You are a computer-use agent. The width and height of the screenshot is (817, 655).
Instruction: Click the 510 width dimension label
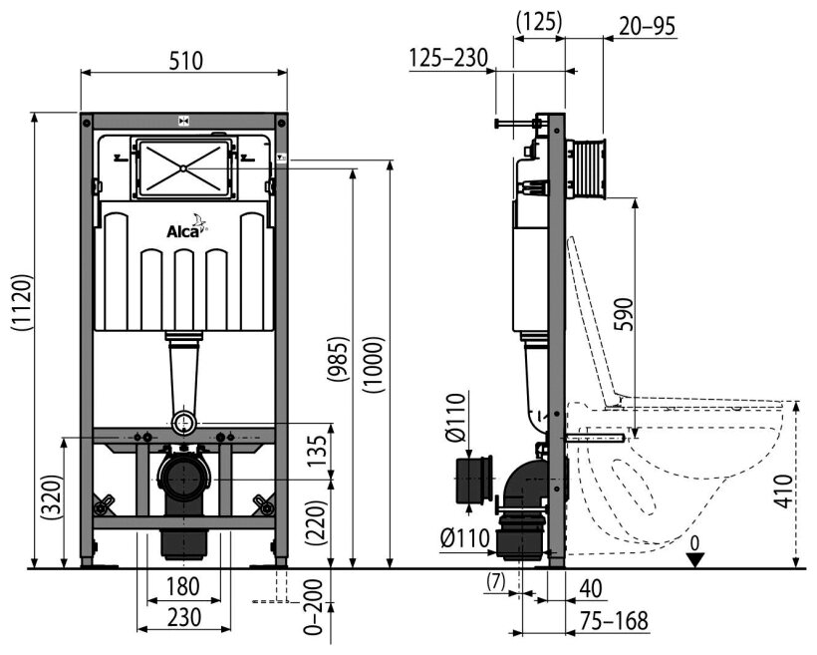pos(185,60)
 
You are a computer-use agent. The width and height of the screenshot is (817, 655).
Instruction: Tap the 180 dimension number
pos(185,586)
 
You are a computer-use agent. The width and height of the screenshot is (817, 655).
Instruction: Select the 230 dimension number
pos(185,617)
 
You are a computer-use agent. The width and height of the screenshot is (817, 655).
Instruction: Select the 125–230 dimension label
pos(447,58)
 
